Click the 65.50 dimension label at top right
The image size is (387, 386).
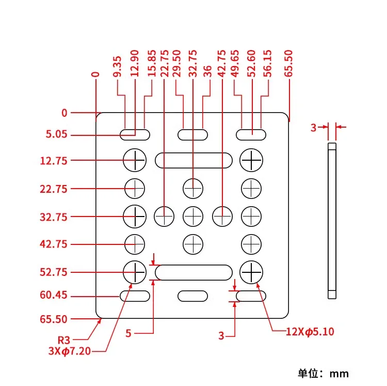pyautogui.click(x=288, y=64)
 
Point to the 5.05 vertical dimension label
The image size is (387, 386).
pyautogui.click(x=57, y=135)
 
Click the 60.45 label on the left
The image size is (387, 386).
pyautogui.click(x=54, y=296)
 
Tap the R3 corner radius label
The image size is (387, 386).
pyautogui.click(x=64, y=340)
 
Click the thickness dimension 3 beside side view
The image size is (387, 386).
pyautogui.click(x=313, y=127)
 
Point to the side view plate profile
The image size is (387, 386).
pyautogui.click(x=332, y=220)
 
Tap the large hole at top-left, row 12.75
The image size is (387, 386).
pyautogui.click(x=135, y=160)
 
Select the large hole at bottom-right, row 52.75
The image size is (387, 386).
pyautogui.click(x=252, y=272)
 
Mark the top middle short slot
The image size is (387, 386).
pyautogui.click(x=193, y=135)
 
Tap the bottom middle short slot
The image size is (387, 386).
pyautogui.click(x=193, y=296)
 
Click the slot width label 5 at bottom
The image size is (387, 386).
pyautogui.click(x=128, y=334)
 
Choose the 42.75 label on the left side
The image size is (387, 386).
pyautogui.click(x=54, y=244)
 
